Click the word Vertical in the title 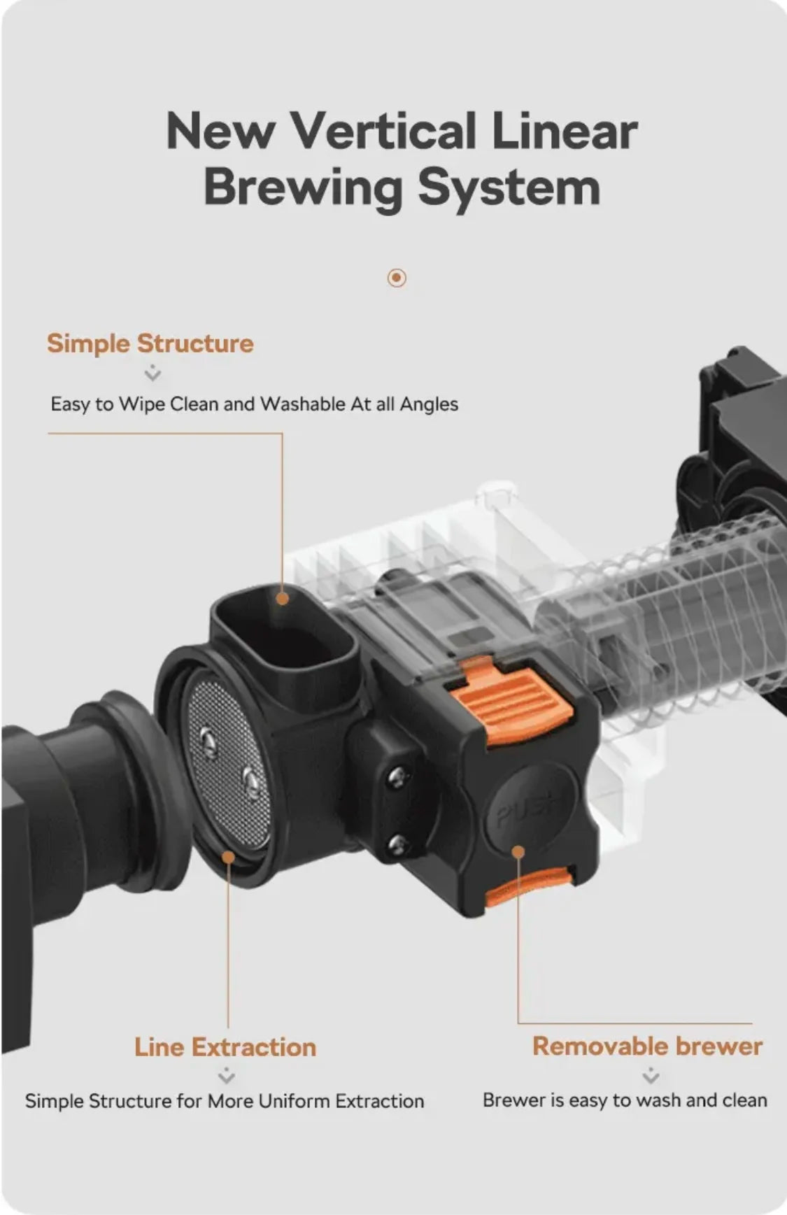pyautogui.click(x=383, y=131)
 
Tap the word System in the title pyautogui.click(x=509, y=189)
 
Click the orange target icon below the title pyautogui.click(x=397, y=278)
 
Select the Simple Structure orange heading pyautogui.click(x=150, y=343)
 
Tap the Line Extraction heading pyautogui.click(x=225, y=1047)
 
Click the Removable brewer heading pyautogui.click(x=648, y=1046)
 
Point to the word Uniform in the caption pyautogui.click(x=294, y=1101)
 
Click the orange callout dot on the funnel pyautogui.click(x=282, y=598)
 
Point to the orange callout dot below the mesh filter pyautogui.click(x=228, y=857)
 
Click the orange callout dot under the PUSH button pyautogui.click(x=518, y=851)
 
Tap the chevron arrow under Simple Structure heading pyautogui.click(x=153, y=374)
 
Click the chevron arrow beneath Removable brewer pyautogui.click(x=651, y=1075)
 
